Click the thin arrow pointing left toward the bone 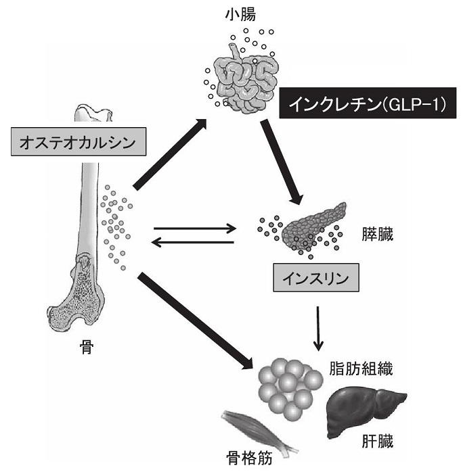pyautogui.click(x=194, y=242)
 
